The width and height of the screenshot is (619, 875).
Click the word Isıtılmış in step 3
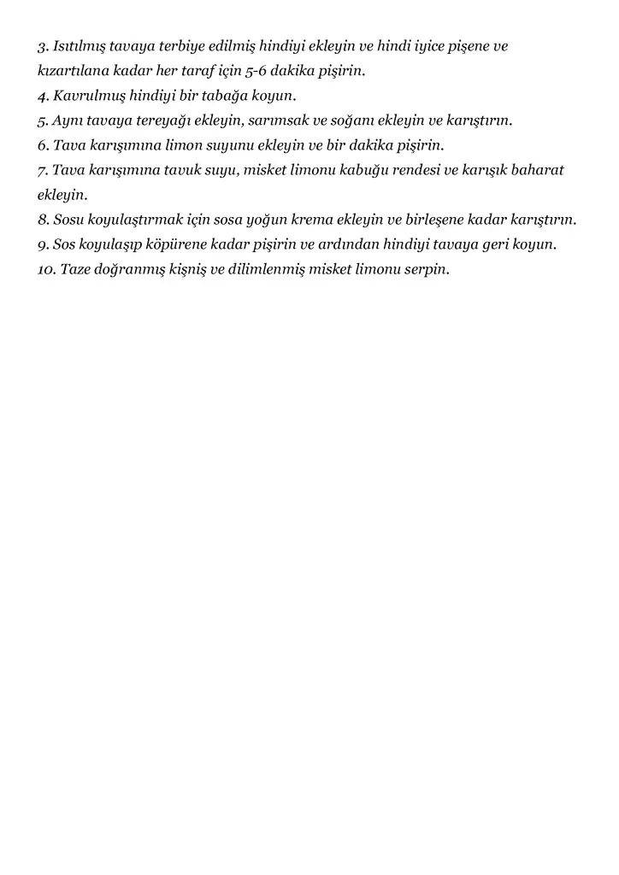(x=78, y=46)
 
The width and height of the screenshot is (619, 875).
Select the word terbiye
(x=180, y=46)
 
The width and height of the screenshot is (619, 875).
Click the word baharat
(x=538, y=170)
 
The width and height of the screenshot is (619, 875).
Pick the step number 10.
(x=47, y=269)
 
